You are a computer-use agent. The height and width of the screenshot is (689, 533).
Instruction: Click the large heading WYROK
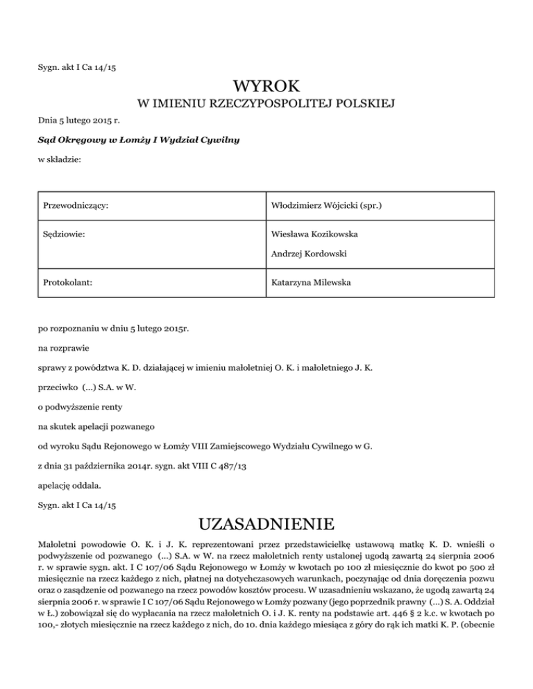266,87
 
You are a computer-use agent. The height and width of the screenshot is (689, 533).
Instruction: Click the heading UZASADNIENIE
266,521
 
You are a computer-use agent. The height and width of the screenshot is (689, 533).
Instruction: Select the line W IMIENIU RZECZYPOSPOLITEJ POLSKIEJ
266,105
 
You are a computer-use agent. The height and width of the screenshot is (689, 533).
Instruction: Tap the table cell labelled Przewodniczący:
78,206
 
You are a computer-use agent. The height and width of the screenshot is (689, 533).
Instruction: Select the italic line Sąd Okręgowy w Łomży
129,140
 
